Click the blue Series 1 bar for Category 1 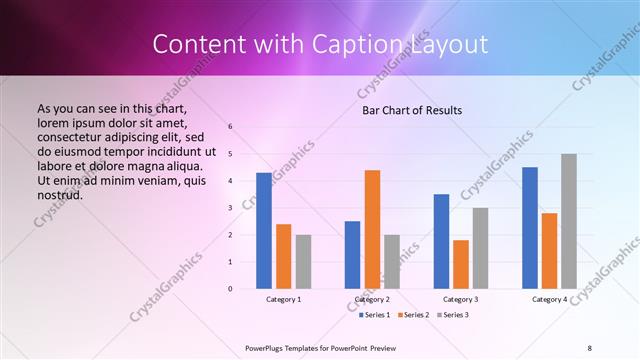pyautogui.click(x=264, y=231)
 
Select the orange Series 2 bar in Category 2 pyautogui.click(x=372, y=229)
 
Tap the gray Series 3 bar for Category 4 pyautogui.click(x=569, y=221)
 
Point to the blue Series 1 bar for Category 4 pyautogui.click(x=530, y=228)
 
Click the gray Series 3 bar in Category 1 pyautogui.click(x=303, y=262)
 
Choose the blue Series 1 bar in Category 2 pyautogui.click(x=352, y=255)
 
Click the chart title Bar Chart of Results pyautogui.click(x=411, y=110)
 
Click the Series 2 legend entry pyautogui.click(x=414, y=315)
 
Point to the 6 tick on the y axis pyautogui.click(x=230, y=127)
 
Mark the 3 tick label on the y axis pyautogui.click(x=230, y=208)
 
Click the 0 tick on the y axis pyautogui.click(x=230, y=289)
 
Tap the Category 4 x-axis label pyautogui.click(x=549, y=299)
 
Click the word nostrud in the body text pyautogui.click(x=59, y=194)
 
